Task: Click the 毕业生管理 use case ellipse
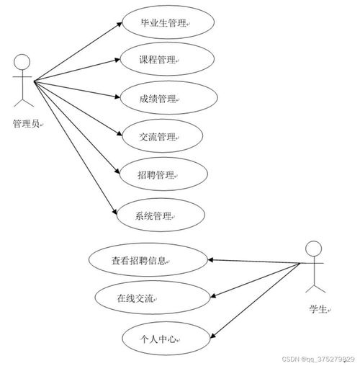point(164,24)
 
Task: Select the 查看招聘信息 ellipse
point(146,260)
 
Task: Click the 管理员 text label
point(27,124)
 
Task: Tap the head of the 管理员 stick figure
point(23,61)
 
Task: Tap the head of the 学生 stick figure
point(312,249)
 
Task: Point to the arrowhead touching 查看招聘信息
point(212,260)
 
